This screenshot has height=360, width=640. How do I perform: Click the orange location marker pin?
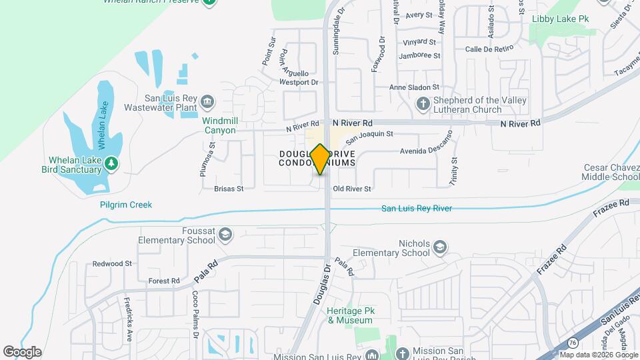320,159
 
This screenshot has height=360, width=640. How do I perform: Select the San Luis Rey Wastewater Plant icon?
208,101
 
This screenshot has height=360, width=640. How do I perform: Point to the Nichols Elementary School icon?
439,248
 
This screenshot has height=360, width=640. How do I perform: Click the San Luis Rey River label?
416,209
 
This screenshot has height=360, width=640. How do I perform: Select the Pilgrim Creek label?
126,205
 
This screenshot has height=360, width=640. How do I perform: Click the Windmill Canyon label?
219,125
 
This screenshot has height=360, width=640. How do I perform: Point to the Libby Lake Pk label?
559,19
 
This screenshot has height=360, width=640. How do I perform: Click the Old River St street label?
352,189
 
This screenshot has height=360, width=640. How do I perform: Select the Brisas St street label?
229,189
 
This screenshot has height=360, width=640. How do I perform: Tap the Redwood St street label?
112,264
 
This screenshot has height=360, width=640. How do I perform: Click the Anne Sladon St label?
414,87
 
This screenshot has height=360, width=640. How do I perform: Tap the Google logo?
22,352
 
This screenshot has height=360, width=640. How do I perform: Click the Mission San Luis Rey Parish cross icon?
401,353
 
